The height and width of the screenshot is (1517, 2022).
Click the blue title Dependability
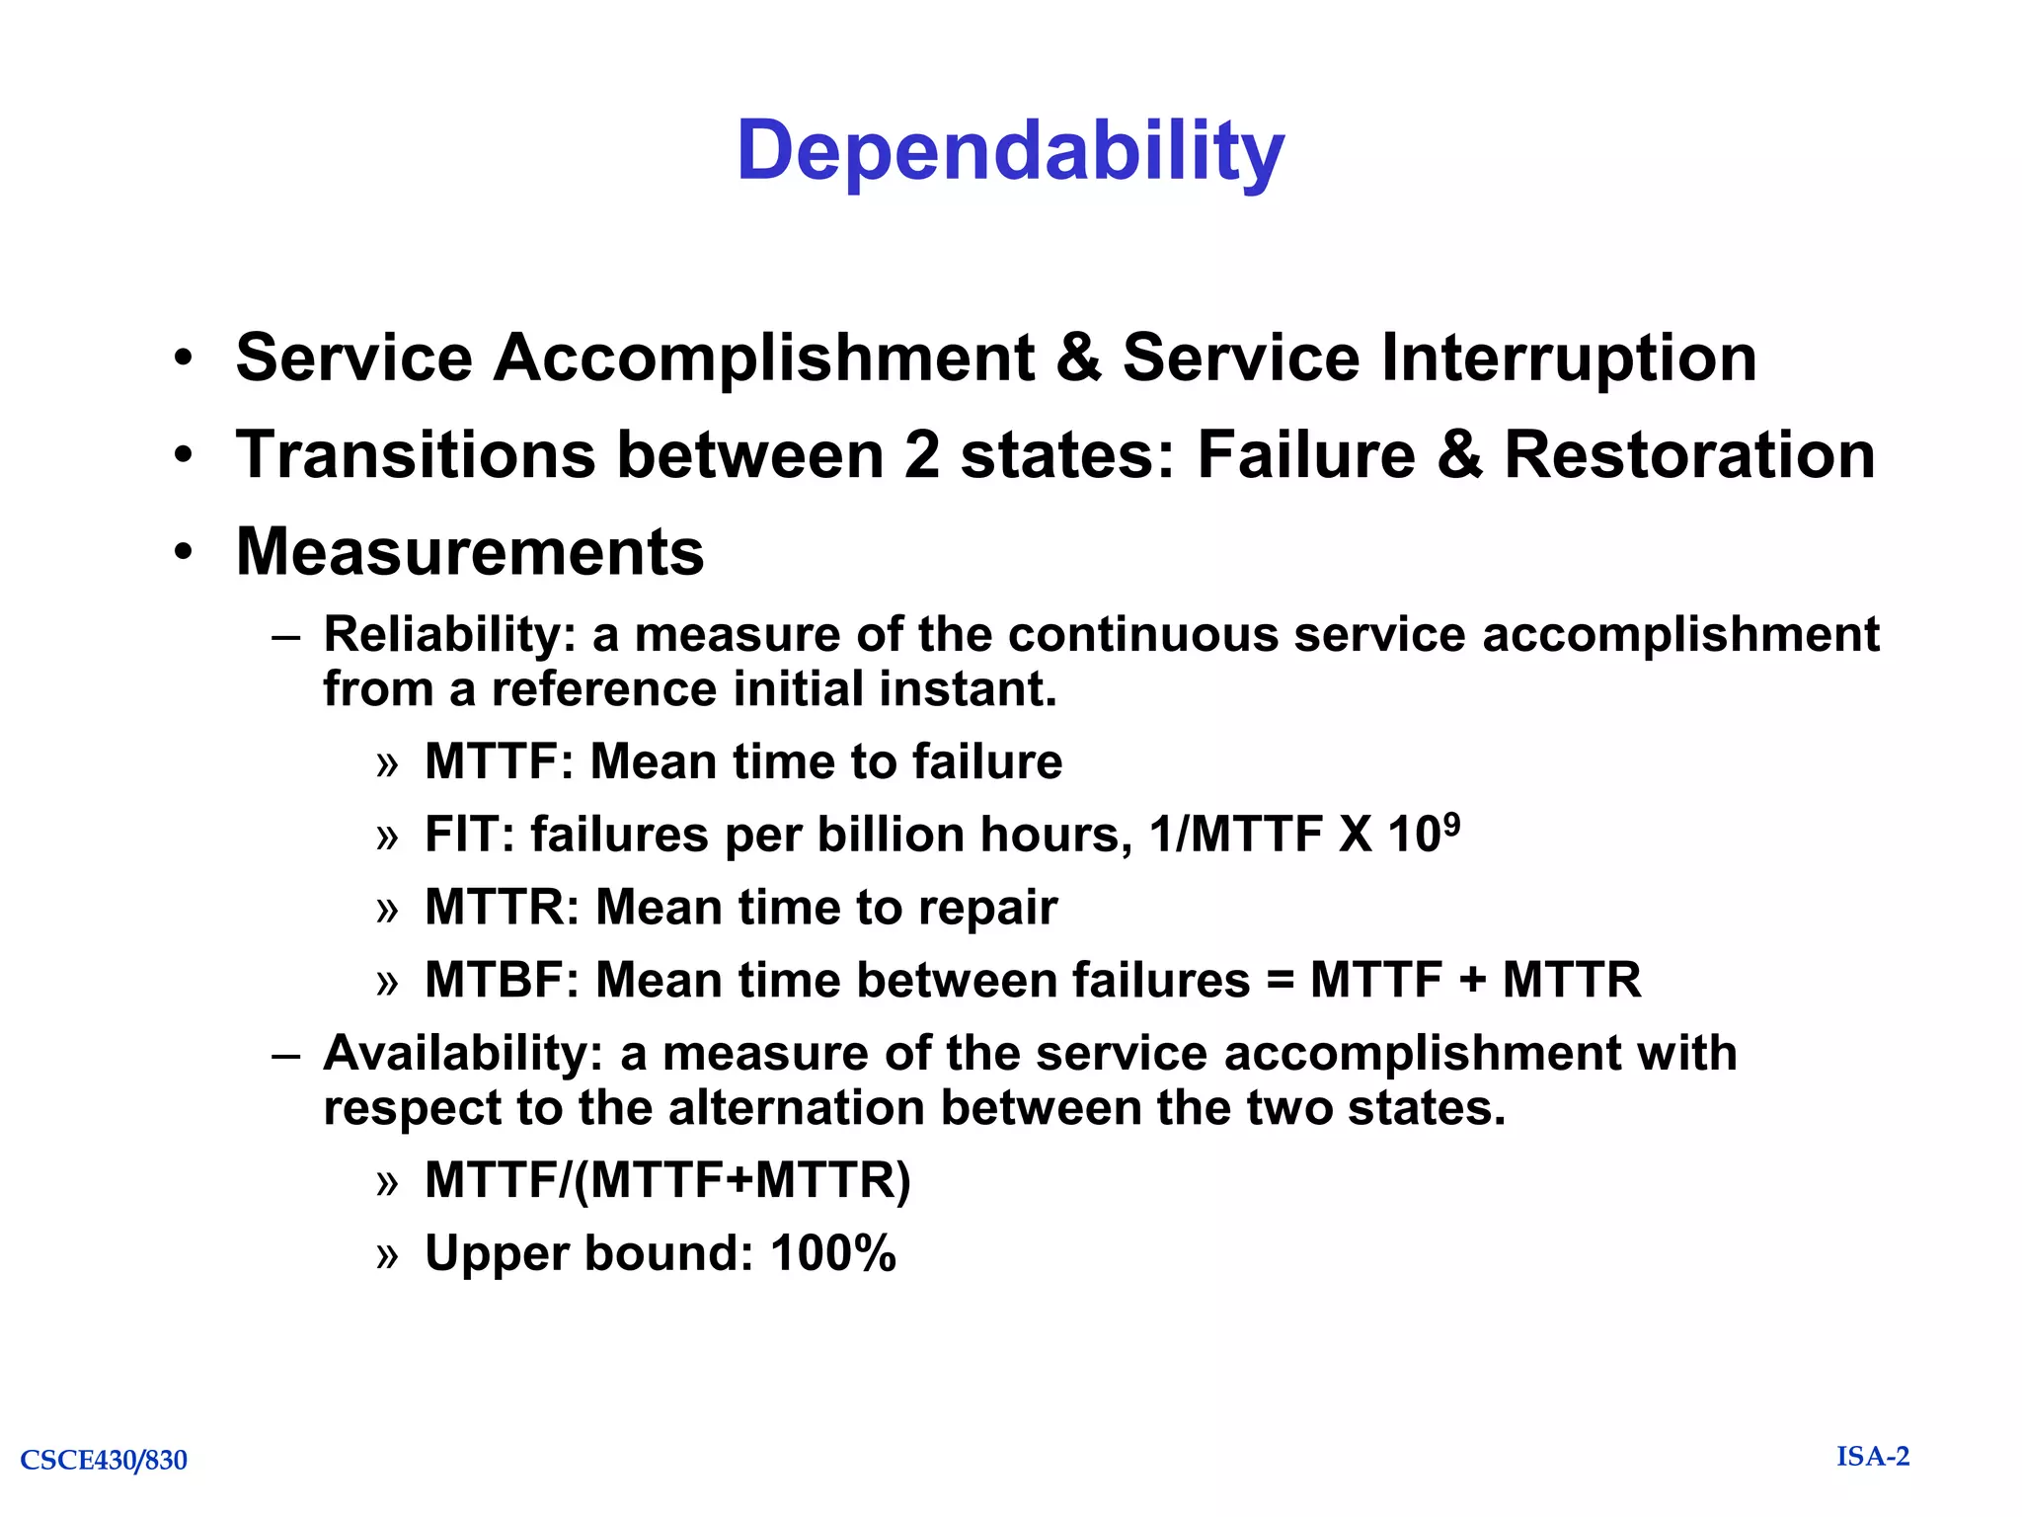coord(1010,152)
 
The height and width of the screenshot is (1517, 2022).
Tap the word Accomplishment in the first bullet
coord(763,357)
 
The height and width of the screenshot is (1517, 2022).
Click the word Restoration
coord(1688,455)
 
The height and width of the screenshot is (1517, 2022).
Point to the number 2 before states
coord(922,455)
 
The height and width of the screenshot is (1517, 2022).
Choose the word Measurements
coord(470,551)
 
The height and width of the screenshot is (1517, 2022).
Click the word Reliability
coord(442,634)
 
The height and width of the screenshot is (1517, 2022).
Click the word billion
coord(890,835)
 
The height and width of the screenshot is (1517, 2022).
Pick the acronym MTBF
coord(501,981)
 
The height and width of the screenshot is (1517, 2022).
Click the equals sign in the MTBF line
coord(1280,982)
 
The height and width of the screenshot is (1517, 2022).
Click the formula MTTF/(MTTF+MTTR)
coord(667,1180)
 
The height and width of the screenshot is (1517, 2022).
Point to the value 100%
coord(833,1253)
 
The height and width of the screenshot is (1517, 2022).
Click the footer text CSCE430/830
coord(104,1460)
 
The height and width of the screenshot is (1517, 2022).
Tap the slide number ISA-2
coord(1872,1457)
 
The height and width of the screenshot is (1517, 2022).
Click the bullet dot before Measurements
coord(183,552)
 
